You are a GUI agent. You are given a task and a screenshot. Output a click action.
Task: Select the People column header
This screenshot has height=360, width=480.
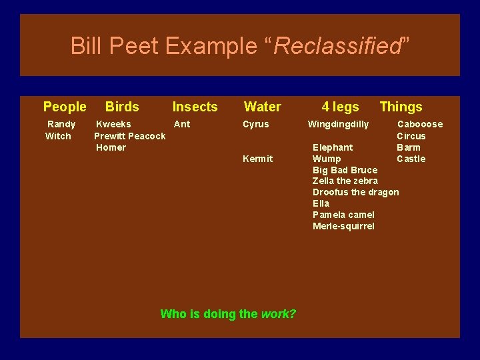[x=65, y=107]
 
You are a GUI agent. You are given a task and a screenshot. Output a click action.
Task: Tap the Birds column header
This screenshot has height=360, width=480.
[x=122, y=107]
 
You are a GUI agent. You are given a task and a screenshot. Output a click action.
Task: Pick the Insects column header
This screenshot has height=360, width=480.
[x=195, y=107]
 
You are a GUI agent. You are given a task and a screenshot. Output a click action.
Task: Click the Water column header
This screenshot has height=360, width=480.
[x=263, y=107]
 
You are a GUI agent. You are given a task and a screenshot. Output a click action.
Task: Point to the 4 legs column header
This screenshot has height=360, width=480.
[x=340, y=107]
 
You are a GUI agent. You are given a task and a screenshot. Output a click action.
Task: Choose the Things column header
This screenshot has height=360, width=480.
[x=401, y=107]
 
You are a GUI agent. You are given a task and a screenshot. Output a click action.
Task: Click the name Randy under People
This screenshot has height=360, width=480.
[x=61, y=124]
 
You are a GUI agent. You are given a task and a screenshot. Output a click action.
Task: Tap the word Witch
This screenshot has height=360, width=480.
[x=58, y=136]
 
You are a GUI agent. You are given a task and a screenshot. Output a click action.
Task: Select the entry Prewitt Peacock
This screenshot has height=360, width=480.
[x=130, y=136]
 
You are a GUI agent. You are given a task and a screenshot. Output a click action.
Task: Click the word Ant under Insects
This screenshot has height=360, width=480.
[x=182, y=124]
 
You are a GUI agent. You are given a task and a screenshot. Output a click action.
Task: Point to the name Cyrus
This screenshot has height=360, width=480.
[x=256, y=124]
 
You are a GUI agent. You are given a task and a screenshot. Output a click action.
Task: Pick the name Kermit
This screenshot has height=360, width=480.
[x=257, y=159]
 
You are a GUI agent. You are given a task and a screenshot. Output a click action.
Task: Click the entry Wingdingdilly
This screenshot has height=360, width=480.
[x=338, y=124]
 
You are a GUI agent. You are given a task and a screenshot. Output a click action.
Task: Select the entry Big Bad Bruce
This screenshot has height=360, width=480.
[x=345, y=170]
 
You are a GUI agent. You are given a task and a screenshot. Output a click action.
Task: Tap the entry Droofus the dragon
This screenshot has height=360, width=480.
[x=355, y=192]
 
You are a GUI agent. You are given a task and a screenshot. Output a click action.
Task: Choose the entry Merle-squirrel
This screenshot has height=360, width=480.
[x=343, y=226]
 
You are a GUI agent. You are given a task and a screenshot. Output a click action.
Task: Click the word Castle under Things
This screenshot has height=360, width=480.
[x=411, y=159]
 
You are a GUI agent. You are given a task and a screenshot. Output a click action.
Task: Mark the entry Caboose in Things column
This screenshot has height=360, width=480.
[x=420, y=124]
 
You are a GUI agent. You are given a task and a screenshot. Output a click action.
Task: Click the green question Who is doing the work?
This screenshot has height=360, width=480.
[x=228, y=314]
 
